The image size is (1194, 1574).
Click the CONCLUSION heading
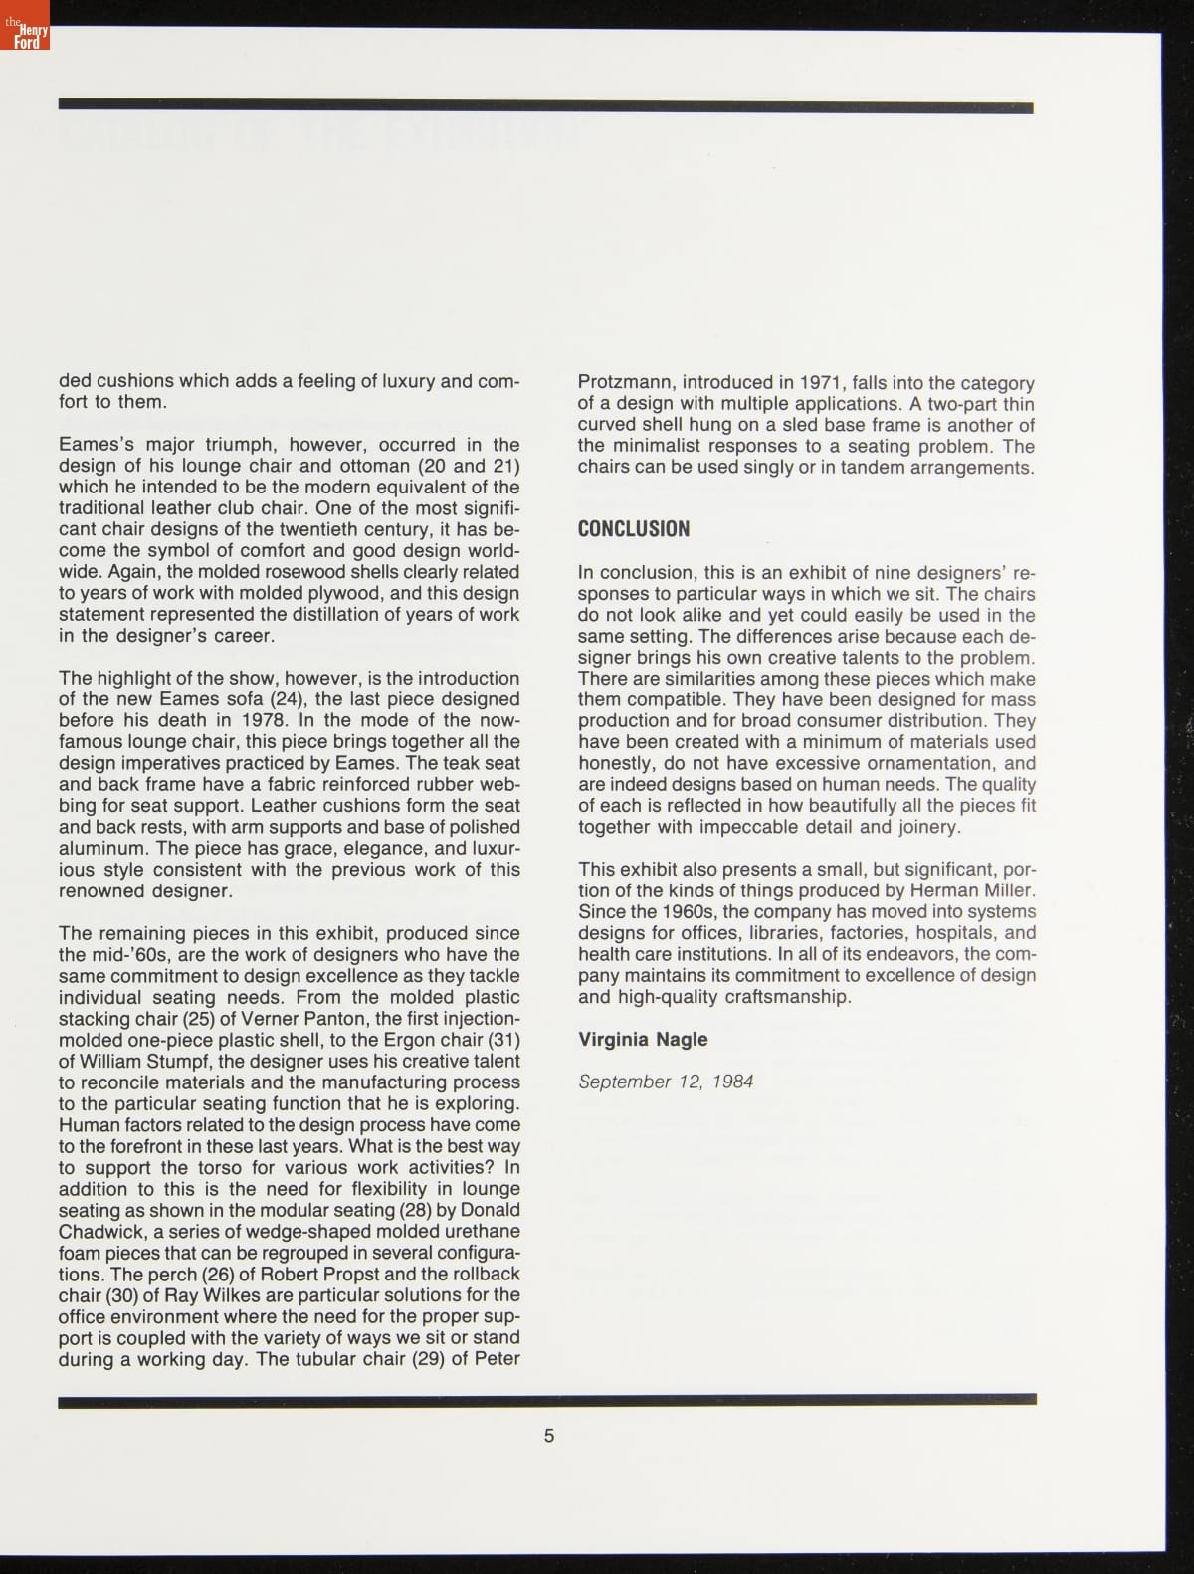[633, 529]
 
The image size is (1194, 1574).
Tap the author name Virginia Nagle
[643, 1039]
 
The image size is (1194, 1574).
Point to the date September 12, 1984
[666, 1082]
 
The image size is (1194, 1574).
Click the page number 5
[549, 1436]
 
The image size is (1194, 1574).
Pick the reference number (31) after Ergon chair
[503, 1040]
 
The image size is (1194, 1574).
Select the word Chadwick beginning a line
[100, 1232]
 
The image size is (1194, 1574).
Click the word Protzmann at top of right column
[624, 383]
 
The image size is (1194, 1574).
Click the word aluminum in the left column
[101, 848]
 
